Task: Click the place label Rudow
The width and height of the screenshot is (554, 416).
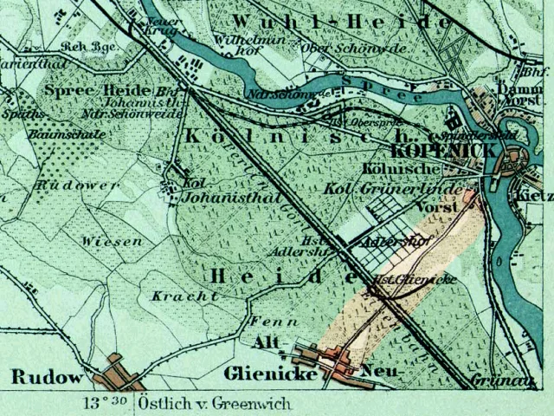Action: [47, 377]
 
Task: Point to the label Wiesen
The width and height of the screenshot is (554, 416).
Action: [113, 242]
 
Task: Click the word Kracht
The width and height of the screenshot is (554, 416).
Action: [184, 296]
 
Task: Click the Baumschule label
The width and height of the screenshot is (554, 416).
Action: [67, 134]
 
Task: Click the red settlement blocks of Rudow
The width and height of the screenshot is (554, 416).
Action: [121, 374]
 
